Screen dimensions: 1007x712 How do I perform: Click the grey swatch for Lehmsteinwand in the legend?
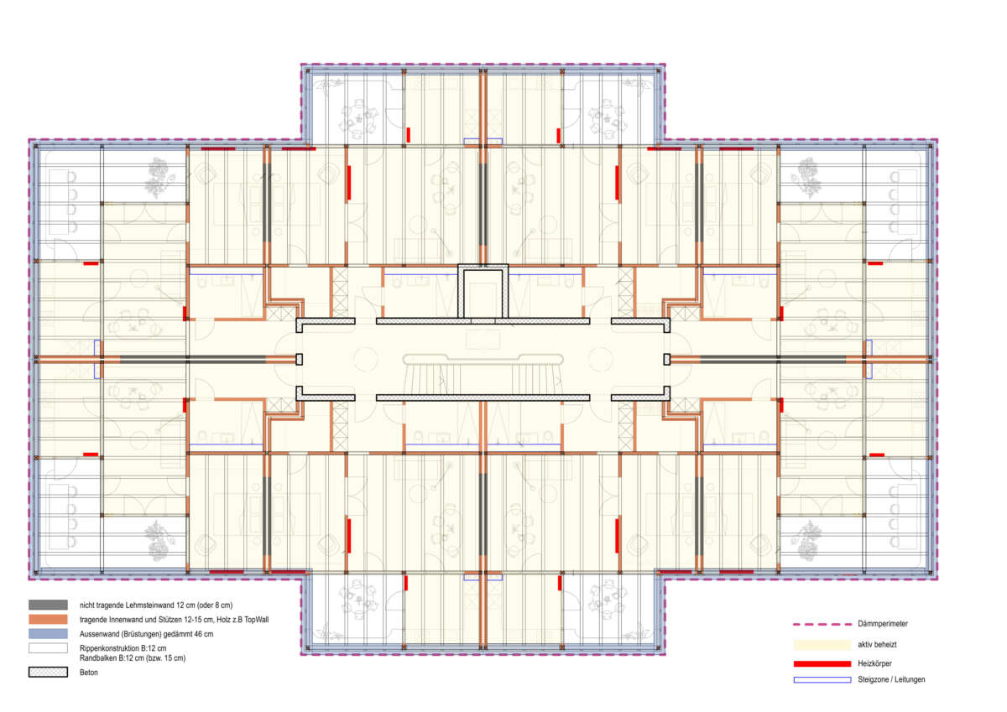[x=48, y=605]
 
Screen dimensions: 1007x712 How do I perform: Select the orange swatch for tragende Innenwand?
[x=48, y=620]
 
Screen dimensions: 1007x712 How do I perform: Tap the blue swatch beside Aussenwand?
[x=48, y=634]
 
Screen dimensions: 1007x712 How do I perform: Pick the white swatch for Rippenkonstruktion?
[x=48, y=648]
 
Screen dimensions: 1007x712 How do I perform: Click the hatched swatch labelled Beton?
[x=48, y=672]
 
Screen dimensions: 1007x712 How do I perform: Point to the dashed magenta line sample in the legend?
[x=822, y=624]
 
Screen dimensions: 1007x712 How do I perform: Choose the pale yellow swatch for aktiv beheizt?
[x=822, y=645]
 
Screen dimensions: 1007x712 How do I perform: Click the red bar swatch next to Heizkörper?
[x=822, y=663]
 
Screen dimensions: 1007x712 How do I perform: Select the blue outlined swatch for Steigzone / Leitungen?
[x=822, y=679]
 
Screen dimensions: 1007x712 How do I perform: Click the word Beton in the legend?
[x=89, y=672]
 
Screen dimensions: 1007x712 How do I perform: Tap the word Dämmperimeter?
[x=883, y=623]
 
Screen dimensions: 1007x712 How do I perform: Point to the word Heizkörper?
[x=874, y=663]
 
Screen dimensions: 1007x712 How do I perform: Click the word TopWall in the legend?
[x=256, y=620]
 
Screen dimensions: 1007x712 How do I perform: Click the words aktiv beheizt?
[x=877, y=644]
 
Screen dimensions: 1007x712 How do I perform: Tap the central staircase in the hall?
[x=483, y=375]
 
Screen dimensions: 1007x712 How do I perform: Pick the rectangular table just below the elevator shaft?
[x=483, y=340]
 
